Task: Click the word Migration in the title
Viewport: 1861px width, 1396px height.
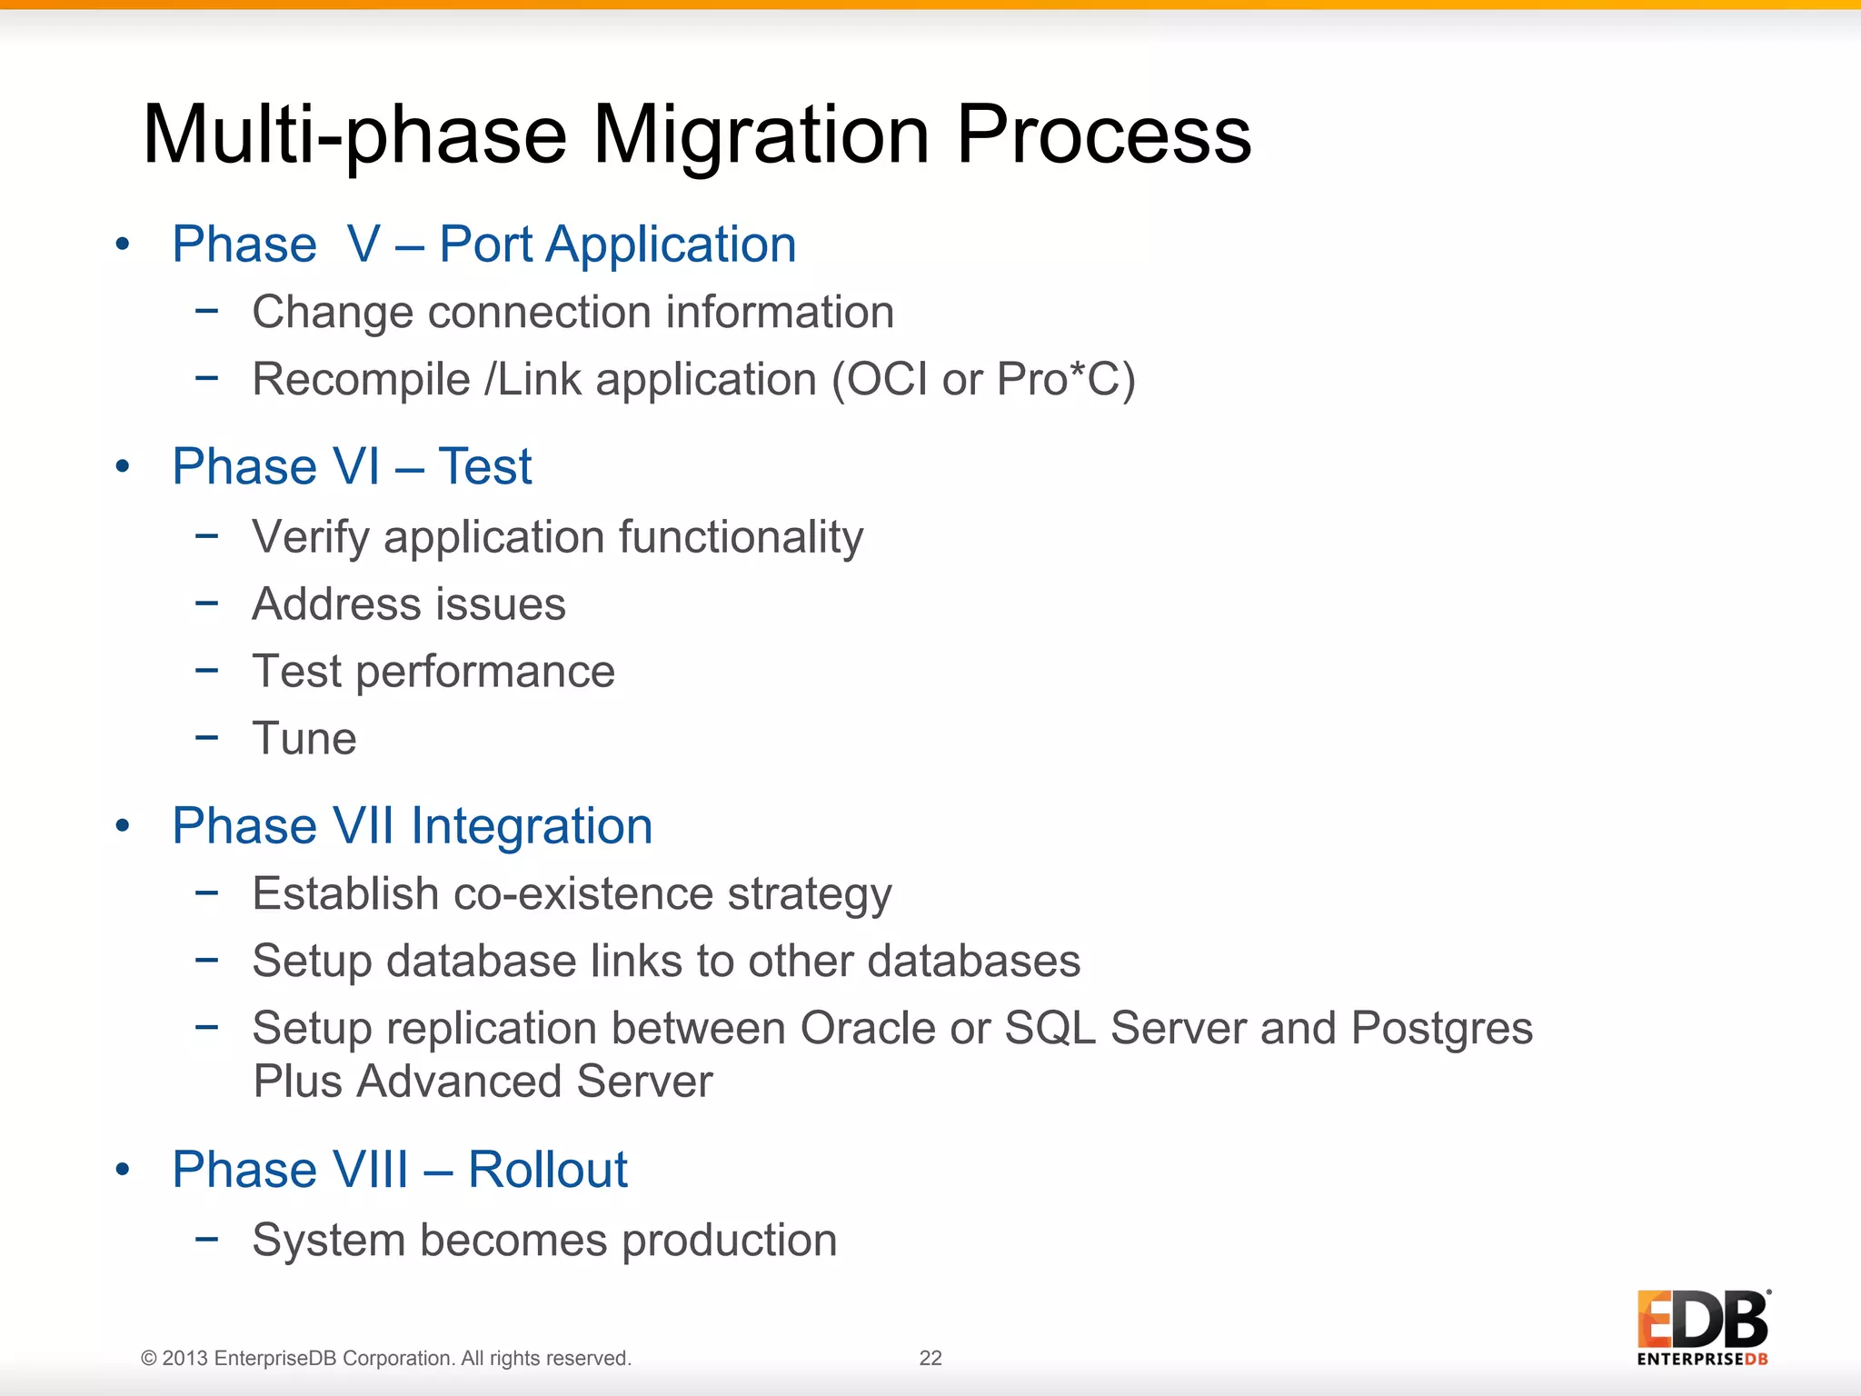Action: (761, 135)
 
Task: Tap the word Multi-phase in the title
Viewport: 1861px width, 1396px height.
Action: (354, 135)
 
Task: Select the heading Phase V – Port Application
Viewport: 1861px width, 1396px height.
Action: (483, 244)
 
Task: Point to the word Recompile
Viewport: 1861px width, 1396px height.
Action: (361, 380)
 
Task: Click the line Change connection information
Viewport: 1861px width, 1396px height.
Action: (572, 312)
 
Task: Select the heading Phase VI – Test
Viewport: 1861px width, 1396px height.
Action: (352, 466)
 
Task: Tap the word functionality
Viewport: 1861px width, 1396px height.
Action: (741, 536)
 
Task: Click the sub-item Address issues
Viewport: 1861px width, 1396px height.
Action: (409, 603)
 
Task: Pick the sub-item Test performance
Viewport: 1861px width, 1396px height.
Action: (433, 671)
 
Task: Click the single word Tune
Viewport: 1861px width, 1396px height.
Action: (304, 738)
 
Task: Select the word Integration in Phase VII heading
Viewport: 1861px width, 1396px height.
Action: (532, 826)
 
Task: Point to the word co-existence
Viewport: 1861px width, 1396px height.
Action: (582, 893)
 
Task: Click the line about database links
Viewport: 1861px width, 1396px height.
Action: (666, 961)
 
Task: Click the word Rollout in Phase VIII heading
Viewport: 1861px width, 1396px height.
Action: (547, 1170)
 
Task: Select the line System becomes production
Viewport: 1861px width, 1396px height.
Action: (544, 1240)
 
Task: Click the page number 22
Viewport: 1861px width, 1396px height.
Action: (930, 1358)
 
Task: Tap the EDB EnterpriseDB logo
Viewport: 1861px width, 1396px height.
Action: (1702, 1327)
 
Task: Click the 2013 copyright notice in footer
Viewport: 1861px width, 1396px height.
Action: (386, 1358)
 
